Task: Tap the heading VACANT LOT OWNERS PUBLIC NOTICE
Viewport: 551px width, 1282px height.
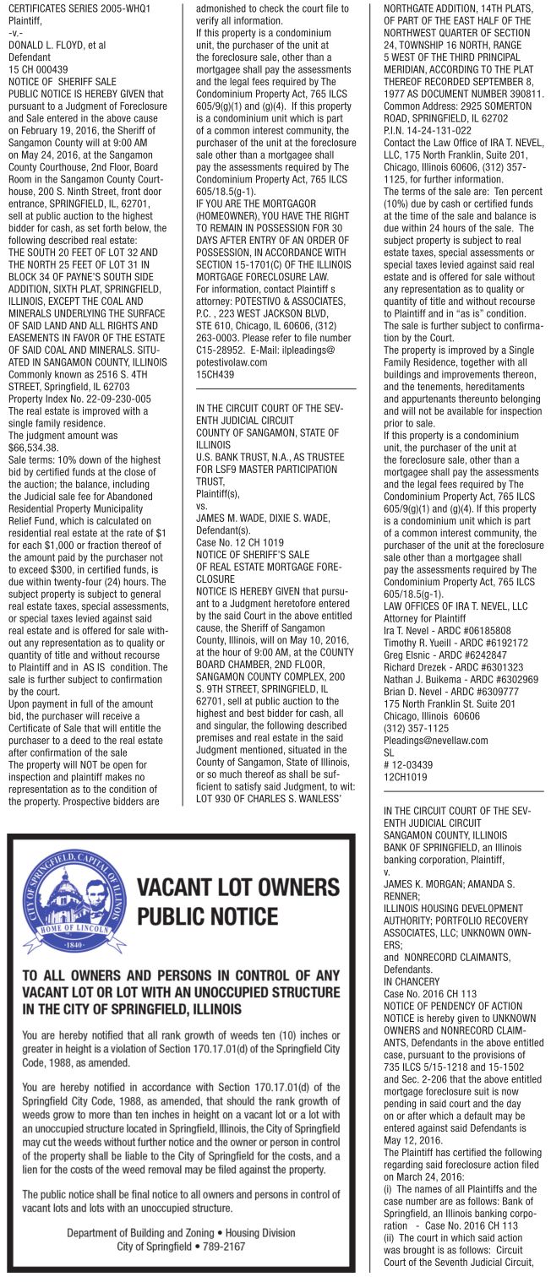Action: click(x=237, y=902)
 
